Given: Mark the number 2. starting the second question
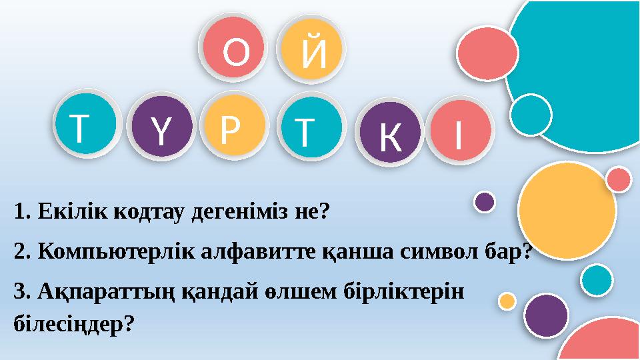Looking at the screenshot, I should pyautogui.click(x=23, y=251).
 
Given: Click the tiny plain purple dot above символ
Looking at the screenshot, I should pyautogui.click(x=484, y=201).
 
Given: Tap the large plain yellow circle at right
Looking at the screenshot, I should pyautogui.click(x=567, y=211).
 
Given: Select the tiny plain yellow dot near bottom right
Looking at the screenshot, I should pyautogui.click(x=507, y=301).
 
